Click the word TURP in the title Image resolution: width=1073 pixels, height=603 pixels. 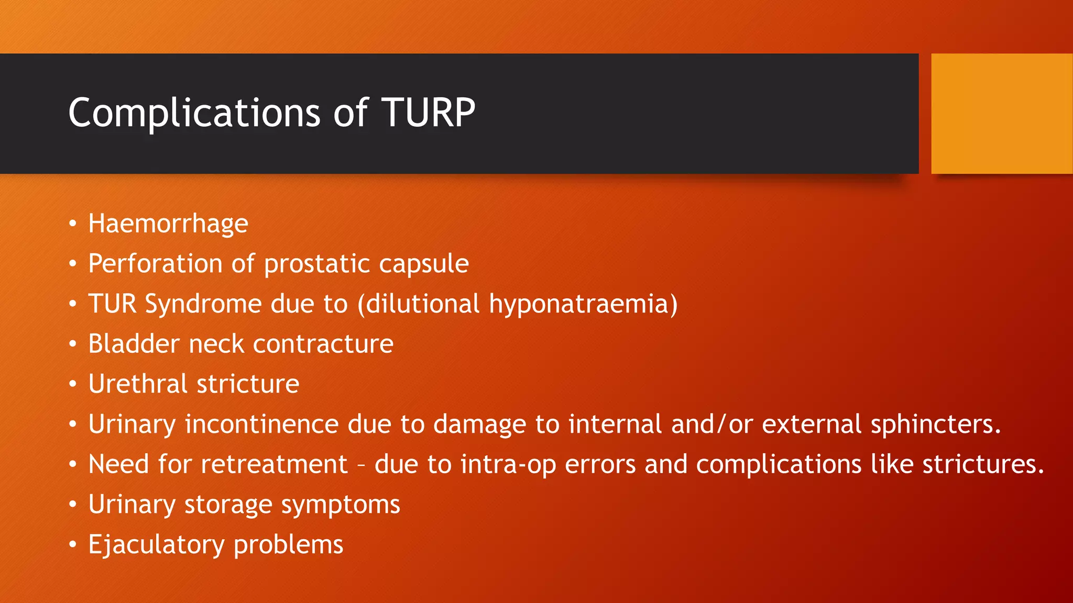pos(428,113)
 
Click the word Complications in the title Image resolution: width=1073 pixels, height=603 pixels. pos(194,114)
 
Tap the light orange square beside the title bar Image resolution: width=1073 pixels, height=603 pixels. pos(1001,114)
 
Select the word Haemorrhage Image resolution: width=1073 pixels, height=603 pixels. pos(168,224)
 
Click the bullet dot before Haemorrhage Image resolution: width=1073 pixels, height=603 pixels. pos(73,224)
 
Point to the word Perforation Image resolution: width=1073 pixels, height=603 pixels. pos(155,263)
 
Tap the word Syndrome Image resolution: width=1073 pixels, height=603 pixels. pos(203,304)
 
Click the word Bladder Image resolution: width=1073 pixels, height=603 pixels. pos(134,344)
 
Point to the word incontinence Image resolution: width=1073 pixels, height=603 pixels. pos(261,424)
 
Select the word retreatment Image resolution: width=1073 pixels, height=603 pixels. pos(274,464)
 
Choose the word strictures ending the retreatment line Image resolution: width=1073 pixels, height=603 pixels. pos(982,464)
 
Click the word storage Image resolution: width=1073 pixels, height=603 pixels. pos(228,505)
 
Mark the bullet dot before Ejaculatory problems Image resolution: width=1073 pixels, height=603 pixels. pos(73,545)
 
